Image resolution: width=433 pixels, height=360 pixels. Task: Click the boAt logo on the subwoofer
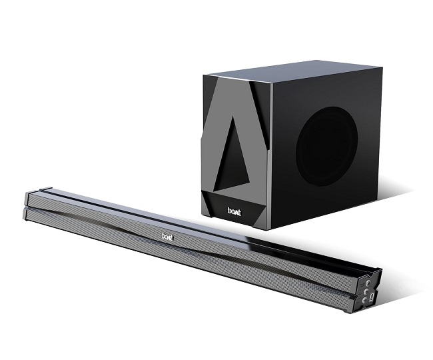pyautogui.click(x=234, y=211)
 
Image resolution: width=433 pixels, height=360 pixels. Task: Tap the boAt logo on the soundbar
pyautogui.click(x=167, y=237)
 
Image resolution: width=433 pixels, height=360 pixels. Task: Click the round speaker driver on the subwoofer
pyautogui.click(x=326, y=147)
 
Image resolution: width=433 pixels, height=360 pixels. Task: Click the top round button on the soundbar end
pyautogui.click(x=368, y=283)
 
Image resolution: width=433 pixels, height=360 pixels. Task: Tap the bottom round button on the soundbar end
pyautogui.click(x=364, y=300)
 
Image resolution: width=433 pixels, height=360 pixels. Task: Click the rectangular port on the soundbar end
pyautogui.click(x=372, y=297)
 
